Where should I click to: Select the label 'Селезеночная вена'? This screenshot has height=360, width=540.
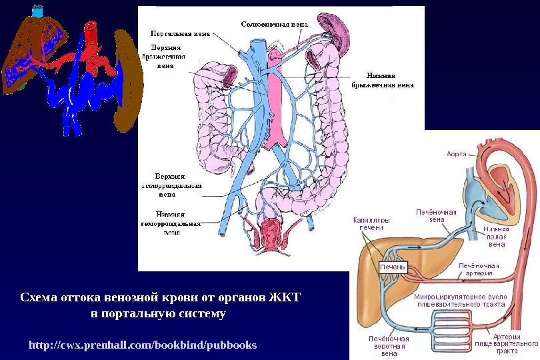click(275, 24)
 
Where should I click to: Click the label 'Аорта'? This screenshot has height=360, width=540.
click(456, 154)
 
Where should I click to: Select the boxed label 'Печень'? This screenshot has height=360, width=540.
click(392, 267)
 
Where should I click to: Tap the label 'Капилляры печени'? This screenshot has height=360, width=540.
click(371, 223)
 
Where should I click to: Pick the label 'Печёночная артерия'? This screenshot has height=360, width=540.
click(478, 269)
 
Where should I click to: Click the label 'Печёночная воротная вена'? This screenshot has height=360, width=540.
click(388, 345)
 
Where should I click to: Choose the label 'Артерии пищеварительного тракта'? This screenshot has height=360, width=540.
click(507, 343)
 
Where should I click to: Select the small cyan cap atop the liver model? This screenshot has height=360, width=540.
click(39, 11)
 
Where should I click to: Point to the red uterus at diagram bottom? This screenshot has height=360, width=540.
click(273, 233)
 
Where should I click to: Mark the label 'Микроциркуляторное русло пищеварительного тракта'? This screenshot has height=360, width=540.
click(461, 300)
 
